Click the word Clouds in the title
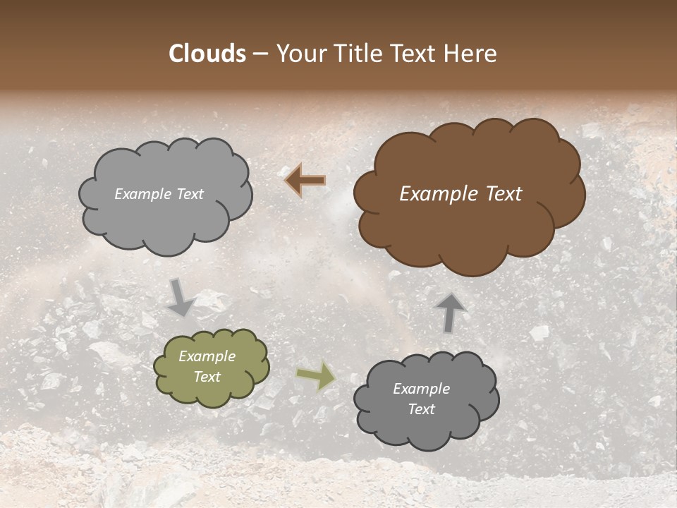[207, 54]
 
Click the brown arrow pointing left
[305, 181]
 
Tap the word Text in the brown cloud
[501, 194]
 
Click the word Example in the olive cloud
[207, 356]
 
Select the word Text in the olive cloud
[207, 377]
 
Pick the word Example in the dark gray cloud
[421, 389]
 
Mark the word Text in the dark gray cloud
[421, 409]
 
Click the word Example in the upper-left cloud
[142, 194]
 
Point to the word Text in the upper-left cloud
[188, 194]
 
